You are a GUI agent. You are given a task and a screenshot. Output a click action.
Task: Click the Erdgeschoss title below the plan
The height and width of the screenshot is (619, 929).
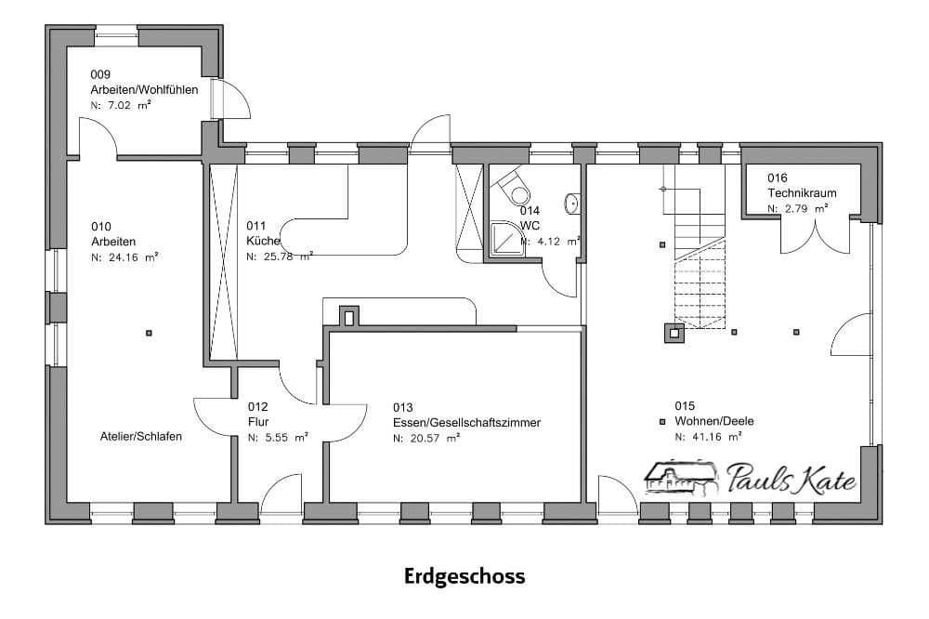464,576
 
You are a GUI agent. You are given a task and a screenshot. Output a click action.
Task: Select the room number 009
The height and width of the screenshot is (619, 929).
100,73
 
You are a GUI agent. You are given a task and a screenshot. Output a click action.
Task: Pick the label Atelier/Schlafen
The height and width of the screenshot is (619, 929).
141,436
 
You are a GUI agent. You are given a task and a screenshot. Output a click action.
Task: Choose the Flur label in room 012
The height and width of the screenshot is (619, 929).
257,422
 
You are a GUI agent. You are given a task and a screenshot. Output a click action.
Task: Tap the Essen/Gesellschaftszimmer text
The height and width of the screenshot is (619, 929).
466,422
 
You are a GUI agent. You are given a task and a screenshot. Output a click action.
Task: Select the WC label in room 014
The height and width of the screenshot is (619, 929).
530,226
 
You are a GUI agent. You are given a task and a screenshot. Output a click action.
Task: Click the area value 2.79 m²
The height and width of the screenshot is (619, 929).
797,209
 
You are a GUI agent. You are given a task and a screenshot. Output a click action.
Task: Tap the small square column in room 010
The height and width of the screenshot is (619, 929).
149,333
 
